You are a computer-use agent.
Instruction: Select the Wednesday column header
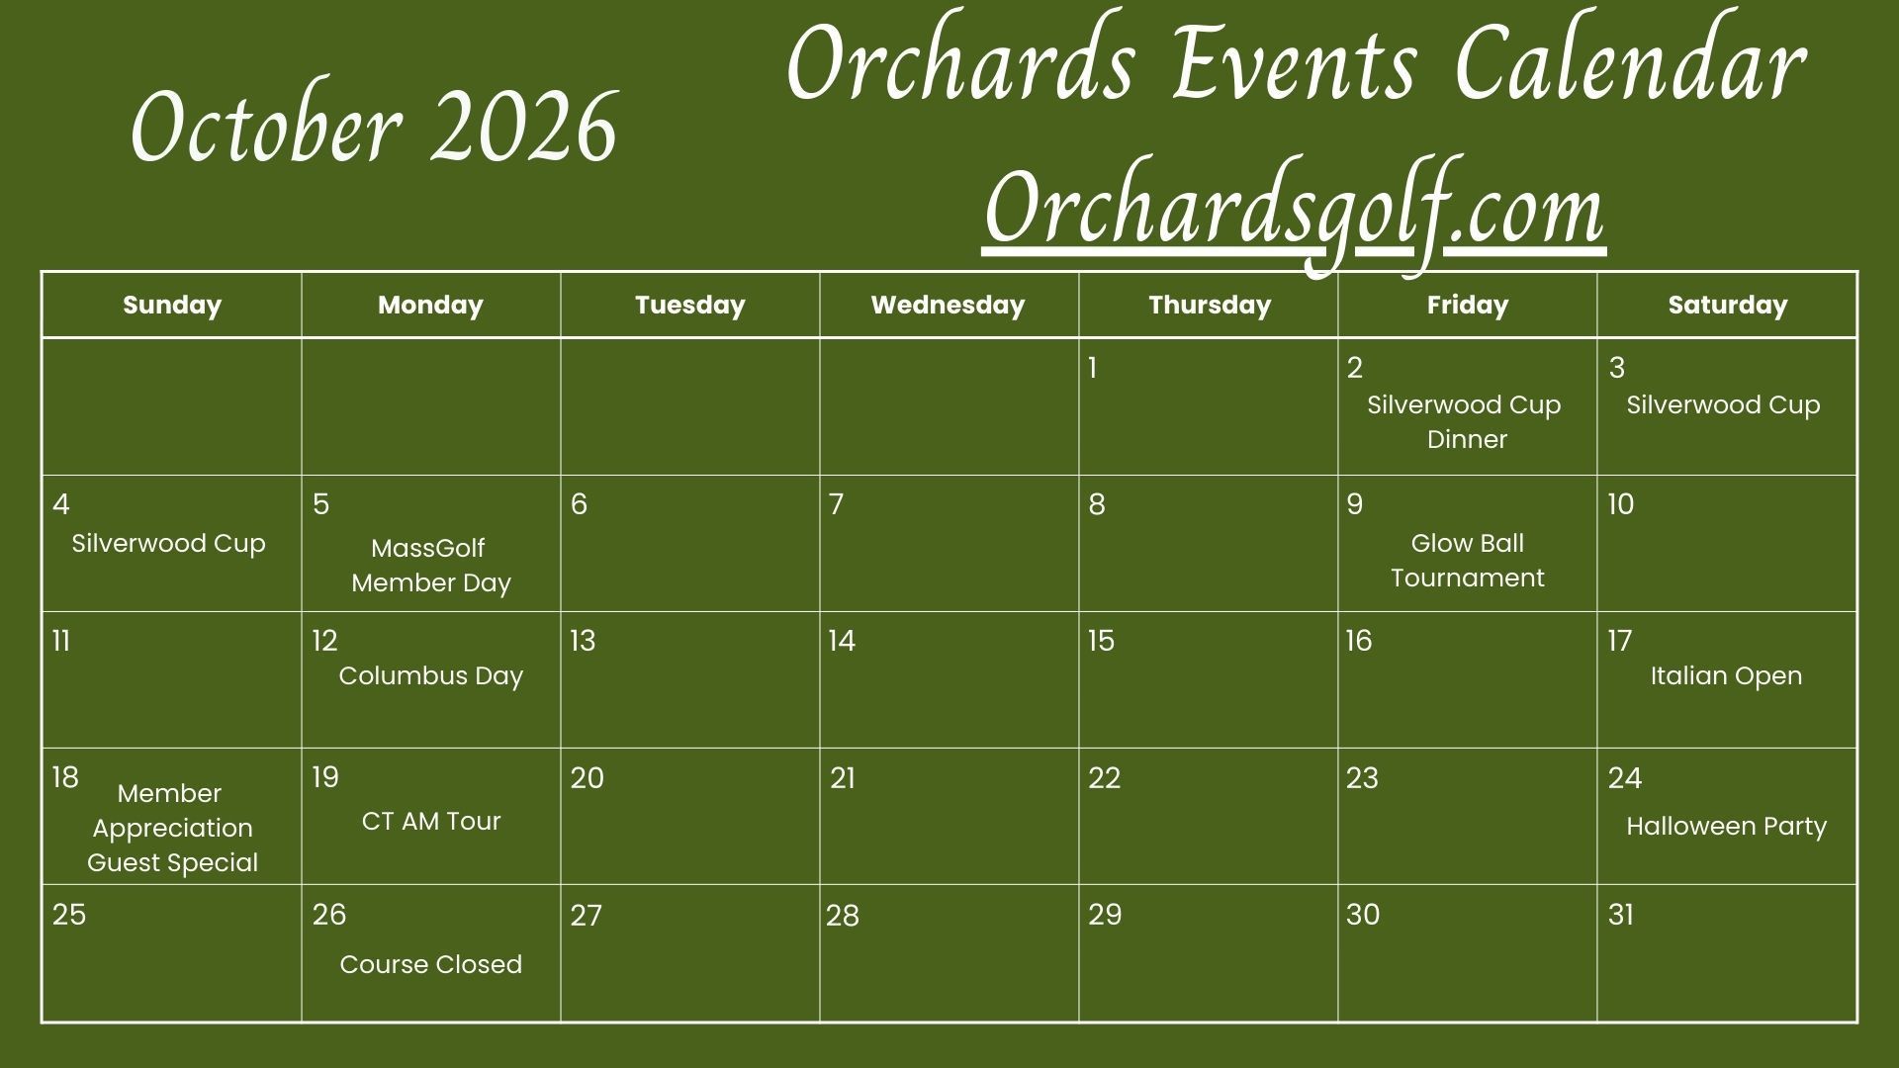coord(948,305)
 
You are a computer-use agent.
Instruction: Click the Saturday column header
coord(1727,305)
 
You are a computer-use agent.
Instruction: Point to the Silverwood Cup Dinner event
coord(1465,422)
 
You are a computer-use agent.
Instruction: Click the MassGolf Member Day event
coord(430,565)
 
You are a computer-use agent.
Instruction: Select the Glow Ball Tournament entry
coord(1468,560)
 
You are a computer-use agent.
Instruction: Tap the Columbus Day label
coord(430,675)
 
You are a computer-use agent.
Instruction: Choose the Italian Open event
coord(1726,676)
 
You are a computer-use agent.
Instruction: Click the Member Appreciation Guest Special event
coord(172,828)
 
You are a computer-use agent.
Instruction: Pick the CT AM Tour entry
coord(431,821)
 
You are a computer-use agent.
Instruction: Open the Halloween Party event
coord(1726,827)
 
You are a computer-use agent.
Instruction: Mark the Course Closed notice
coord(430,964)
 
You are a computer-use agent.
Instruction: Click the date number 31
coord(1620,915)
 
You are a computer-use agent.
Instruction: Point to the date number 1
coord(1092,368)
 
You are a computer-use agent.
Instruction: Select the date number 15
coord(1101,641)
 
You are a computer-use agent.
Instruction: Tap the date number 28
coord(843,916)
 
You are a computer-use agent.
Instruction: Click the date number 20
coord(587,778)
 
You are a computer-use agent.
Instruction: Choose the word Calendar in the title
coord(1631,64)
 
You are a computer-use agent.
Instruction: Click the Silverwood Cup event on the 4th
coord(168,544)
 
